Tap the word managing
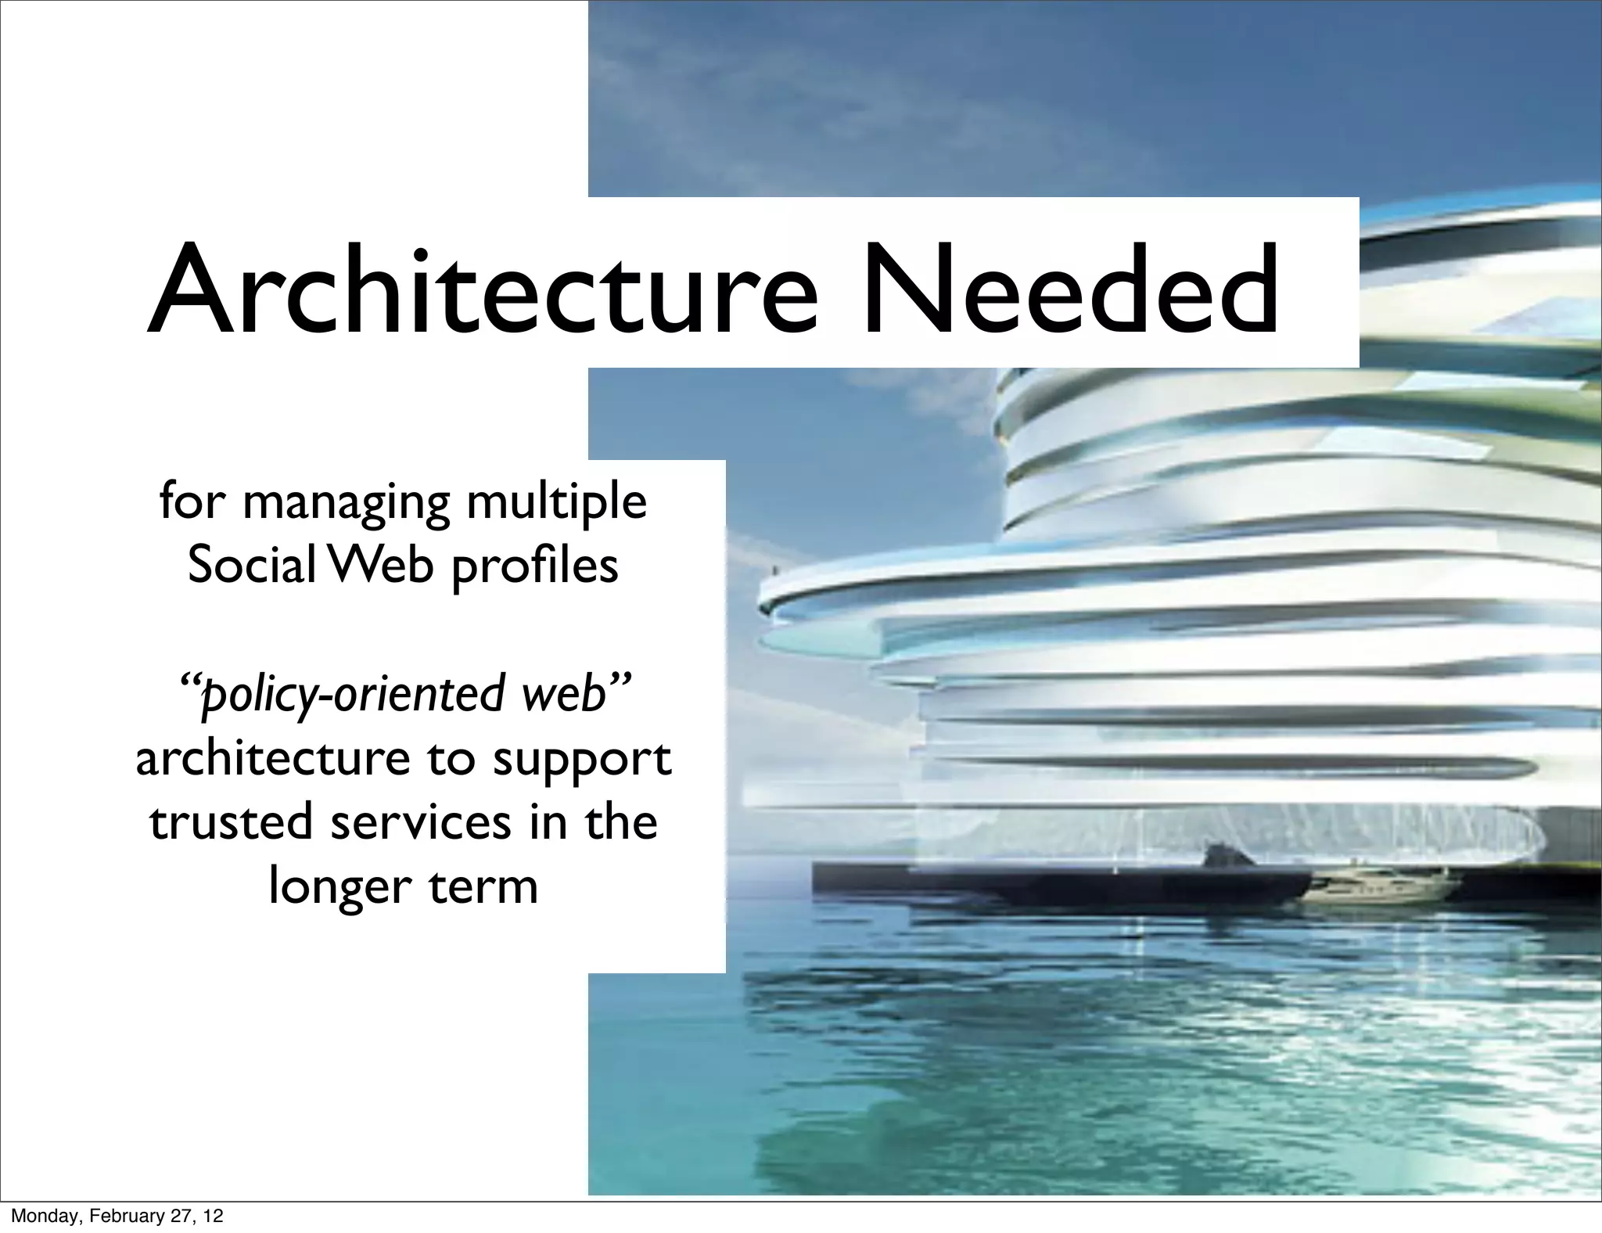346,503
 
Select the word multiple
556,503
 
